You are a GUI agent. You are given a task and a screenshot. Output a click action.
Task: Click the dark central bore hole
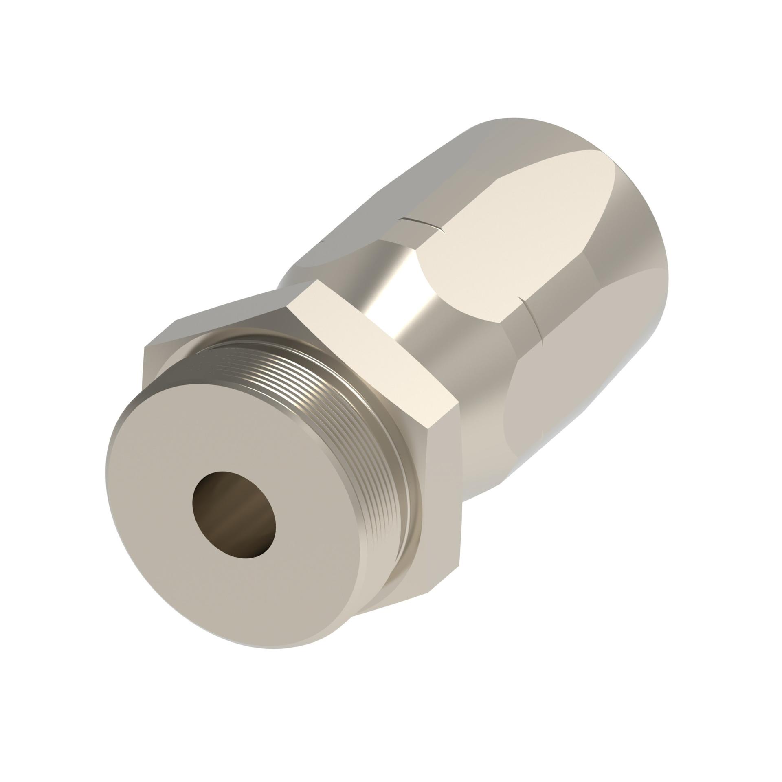click(234, 515)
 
